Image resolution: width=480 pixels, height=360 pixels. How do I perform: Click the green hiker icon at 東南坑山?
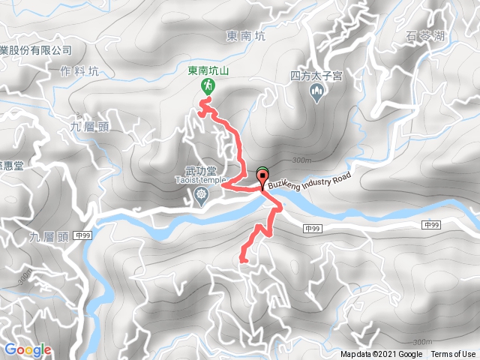(x=205, y=87)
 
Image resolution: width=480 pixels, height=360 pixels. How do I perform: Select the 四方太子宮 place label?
(x=316, y=76)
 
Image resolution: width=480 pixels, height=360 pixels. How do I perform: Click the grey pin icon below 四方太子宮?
(x=316, y=92)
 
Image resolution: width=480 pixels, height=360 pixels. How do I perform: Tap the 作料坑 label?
(x=77, y=71)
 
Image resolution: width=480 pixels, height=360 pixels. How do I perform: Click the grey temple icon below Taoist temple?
(x=200, y=196)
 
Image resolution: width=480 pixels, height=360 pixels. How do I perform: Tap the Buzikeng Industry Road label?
(x=308, y=181)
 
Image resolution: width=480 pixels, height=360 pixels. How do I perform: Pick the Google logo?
(x=28, y=349)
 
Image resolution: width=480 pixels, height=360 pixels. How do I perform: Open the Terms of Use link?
(x=453, y=355)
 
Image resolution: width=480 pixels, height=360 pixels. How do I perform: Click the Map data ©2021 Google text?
(x=381, y=355)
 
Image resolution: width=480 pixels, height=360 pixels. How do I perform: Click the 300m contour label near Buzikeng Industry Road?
(x=301, y=160)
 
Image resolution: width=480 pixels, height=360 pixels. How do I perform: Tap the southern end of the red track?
(x=242, y=259)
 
